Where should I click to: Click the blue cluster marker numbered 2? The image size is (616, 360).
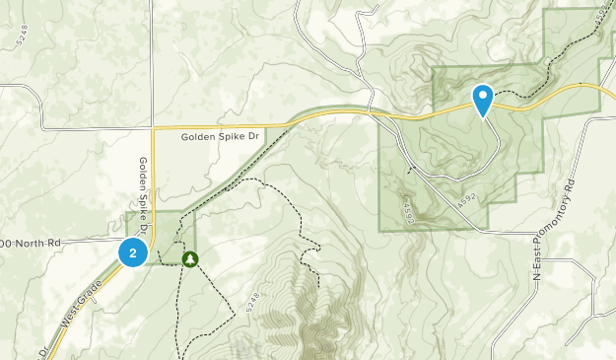[132, 252]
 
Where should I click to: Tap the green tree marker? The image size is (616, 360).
[188, 258]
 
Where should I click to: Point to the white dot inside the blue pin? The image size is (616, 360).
[483, 96]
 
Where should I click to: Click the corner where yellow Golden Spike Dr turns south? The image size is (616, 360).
[153, 127]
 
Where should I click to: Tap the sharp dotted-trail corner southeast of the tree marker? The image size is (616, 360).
[234, 313]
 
